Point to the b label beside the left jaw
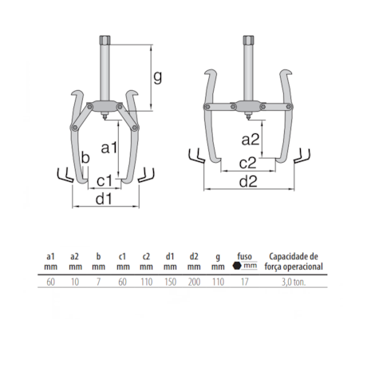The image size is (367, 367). click(x=85, y=160)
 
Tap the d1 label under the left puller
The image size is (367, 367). click(x=104, y=199)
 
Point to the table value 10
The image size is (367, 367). click(x=75, y=282)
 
